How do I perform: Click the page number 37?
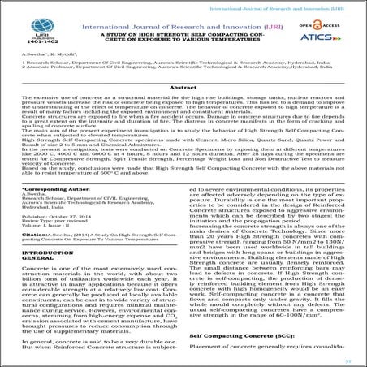tap(345, 355)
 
